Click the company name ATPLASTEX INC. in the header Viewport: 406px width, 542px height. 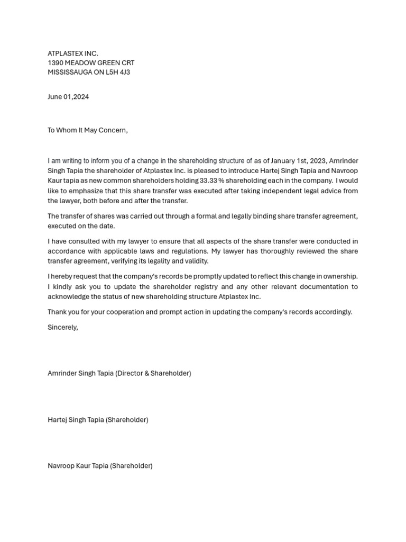click(73, 53)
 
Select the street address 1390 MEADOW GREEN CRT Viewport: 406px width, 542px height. click(91, 63)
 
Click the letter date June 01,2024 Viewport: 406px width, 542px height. click(68, 97)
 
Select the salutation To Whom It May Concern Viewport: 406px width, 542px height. click(87, 130)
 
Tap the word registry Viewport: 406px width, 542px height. click(205, 287)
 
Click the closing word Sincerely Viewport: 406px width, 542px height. click(62, 328)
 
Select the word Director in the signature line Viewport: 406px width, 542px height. click(131, 374)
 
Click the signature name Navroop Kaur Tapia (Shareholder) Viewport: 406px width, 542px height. click(100, 466)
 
